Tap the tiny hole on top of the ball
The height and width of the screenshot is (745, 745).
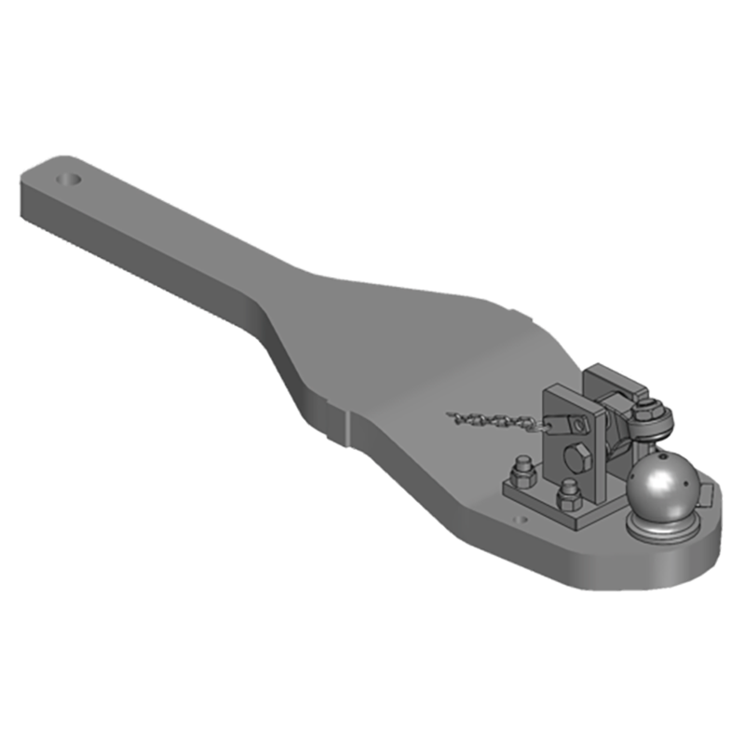point(664,459)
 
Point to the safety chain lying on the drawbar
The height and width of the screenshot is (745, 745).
point(494,421)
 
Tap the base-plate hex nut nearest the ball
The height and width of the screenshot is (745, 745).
point(569,494)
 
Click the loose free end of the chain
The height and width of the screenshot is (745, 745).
point(451,414)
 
